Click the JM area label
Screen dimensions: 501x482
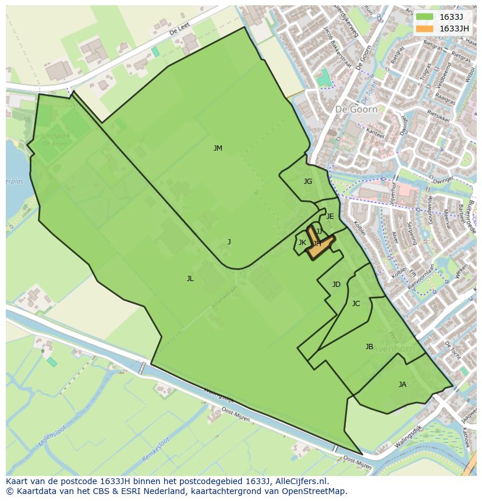(x=218, y=148)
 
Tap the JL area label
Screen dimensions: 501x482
(x=190, y=279)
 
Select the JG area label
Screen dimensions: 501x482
(x=308, y=182)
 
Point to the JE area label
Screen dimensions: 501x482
(x=330, y=216)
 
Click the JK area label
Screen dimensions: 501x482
(x=302, y=243)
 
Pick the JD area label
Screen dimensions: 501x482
(x=336, y=285)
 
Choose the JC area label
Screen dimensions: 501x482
(x=356, y=304)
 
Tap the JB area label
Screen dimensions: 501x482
(x=369, y=347)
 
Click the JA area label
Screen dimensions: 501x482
(x=402, y=385)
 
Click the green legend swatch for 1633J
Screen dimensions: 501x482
(x=424, y=16)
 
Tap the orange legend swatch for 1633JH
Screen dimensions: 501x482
(x=424, y=28)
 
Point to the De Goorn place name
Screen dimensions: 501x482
(x=356, y=109)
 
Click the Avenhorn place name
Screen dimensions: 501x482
(x=393, y=349)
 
